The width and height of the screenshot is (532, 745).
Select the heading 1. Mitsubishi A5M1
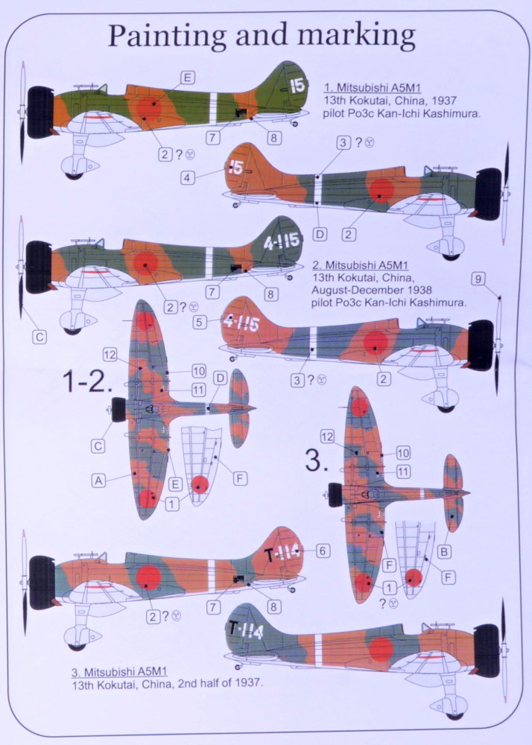(372, 88)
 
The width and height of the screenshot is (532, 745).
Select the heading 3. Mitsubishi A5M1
(120, 671)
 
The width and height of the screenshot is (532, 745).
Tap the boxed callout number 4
(188, 178)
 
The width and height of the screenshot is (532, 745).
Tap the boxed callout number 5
(199, 322)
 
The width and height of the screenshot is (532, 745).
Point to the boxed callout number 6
(323, 551)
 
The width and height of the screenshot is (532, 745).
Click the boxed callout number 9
(478, 279)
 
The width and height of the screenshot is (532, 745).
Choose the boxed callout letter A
(98, 481)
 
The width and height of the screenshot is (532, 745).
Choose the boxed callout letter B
(444, 551)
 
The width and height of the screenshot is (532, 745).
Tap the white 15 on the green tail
(297, 86)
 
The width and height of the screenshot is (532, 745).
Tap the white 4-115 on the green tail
(282, 241)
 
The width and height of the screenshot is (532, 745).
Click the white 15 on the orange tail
(236, 167)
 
